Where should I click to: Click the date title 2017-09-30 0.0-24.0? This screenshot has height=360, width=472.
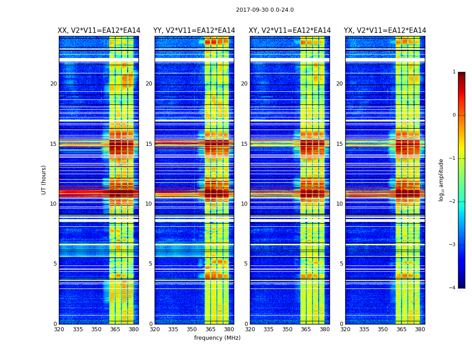(x=265, y=10)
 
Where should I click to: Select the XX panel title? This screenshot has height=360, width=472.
(x=99, y=31)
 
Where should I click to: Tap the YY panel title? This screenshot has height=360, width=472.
(x=194, y=31)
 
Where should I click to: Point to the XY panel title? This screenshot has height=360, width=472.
(x=290, y=31)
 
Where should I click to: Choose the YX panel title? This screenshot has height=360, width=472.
(x=385, y=31)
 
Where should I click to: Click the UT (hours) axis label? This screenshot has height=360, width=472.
(x=44, y=180)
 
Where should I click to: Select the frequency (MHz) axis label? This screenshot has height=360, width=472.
(x=217, y=338)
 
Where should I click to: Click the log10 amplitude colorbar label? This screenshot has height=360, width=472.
(x=441, y=180)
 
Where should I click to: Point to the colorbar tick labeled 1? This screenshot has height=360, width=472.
(x=454, y=72)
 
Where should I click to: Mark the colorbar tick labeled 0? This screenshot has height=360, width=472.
(x=454, y=115)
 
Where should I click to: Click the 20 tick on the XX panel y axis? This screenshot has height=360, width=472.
(x=53, y=84)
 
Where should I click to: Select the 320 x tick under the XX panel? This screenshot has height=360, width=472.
(x=59, y=329)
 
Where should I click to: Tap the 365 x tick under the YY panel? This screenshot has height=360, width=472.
(x=210, y=329)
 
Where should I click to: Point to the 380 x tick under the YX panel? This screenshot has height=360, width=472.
(x=420, y=329)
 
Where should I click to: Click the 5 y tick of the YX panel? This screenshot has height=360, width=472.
(x=341, y=264)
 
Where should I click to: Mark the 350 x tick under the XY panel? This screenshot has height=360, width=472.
(x=287, y=329)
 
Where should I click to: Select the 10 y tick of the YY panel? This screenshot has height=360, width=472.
(x=148, y=204)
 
